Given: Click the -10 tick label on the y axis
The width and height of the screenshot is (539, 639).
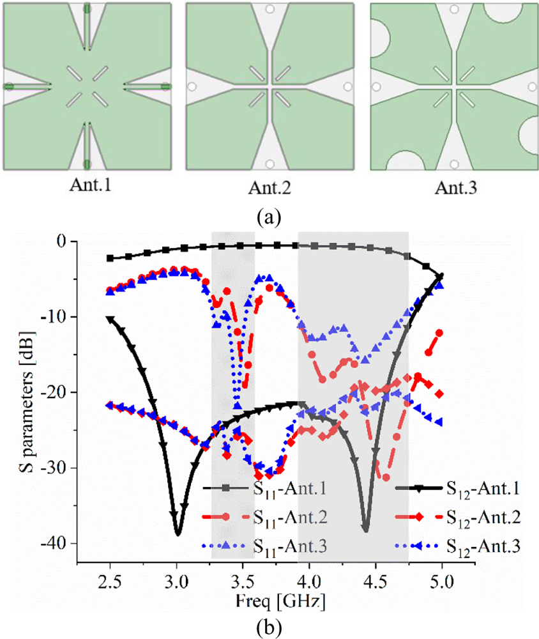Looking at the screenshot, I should [58, 317].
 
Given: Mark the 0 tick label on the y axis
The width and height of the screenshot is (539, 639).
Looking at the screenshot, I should [62, 242].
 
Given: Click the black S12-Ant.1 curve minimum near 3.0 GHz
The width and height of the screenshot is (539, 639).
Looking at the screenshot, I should [178, 532].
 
